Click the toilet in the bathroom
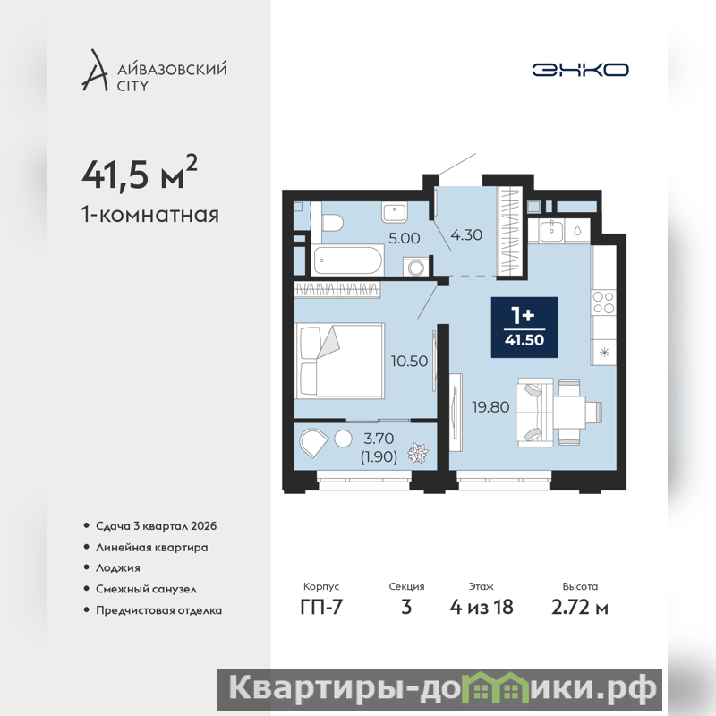(x=332, y=223)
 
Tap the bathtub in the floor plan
(x=348, y=260)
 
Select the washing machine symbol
(x=416, y=267)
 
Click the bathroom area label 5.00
(x=405, y=238)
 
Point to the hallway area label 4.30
(x=466, y=234)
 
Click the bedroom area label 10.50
(x=409, y=362)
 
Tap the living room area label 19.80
(x=490, y=407)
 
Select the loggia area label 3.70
(x=379, y=439)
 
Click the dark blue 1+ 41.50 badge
(x=524, y=327)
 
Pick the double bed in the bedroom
(x=339, y=361)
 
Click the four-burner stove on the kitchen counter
(x=602, y=303)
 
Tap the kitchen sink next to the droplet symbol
(x=551, y=231)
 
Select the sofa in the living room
(x=534, y=413)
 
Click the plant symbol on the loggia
(x=418, y=453)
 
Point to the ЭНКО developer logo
(x=580, y=70)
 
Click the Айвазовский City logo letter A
(x=95, y=70)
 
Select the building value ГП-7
(x=321, y=607)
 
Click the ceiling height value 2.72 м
(x=579, y=608)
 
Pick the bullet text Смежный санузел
(x=146, y=589)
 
